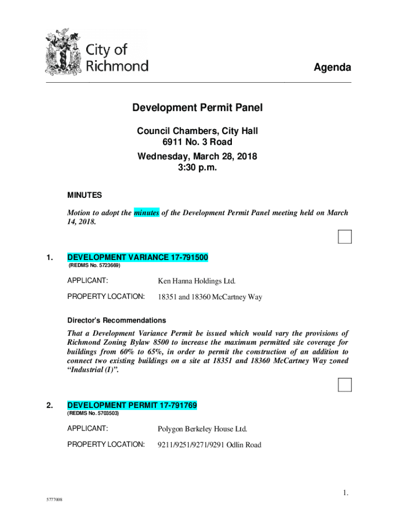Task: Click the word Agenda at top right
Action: [332, 68]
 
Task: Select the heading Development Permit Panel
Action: [197, 108]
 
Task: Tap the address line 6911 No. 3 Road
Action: [197, 142]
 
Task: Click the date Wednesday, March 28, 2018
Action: [197, 156]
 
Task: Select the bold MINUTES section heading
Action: [85, 195]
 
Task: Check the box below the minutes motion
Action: [345, 237]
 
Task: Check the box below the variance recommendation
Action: [345, 385]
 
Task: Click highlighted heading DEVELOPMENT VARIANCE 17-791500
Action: [137, 257]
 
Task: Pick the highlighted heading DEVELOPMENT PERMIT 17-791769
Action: [132, 405]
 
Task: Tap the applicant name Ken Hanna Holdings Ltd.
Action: [196, 281]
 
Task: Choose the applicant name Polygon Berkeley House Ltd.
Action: [202, 429]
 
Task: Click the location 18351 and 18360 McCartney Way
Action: [210, 297]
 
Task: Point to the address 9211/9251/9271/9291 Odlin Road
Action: [209, 445]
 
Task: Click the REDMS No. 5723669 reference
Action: [94, 266]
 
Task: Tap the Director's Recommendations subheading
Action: [116, 320]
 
